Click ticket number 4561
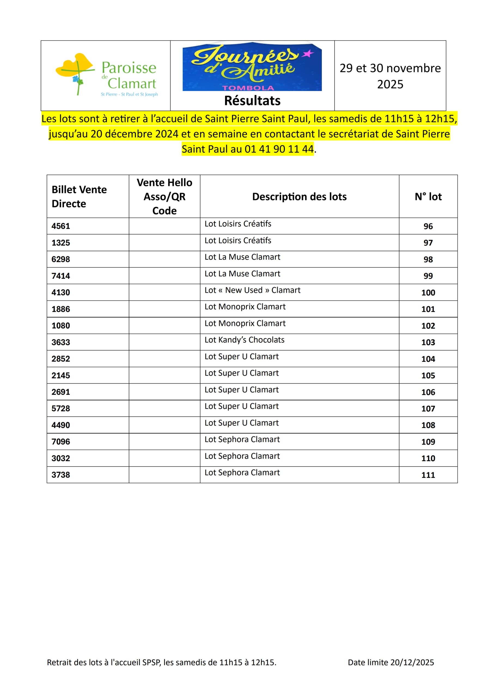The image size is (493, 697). tap(61, 226)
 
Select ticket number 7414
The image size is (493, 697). tap(61, 276)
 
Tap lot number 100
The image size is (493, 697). tap(428, 293)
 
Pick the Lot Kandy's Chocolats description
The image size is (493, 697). tap(244, 340)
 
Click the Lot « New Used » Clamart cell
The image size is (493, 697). tap(252, 290)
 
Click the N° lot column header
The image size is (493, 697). tap(428, 197)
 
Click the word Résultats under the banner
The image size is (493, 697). tap(252, 101)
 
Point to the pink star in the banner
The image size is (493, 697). tap(308, 54)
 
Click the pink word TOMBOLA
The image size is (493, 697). tap(248, 88)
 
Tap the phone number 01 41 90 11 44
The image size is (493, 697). tap(279, 149)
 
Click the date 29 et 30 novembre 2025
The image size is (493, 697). tap(390, 76)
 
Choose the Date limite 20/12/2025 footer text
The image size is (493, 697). tap(391, 662)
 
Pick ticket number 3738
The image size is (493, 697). tap(61, 475)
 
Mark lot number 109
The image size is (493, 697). tap(428, 442)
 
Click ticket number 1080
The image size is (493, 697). tap(61, 326)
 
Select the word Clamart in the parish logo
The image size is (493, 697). tap(132, 84)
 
